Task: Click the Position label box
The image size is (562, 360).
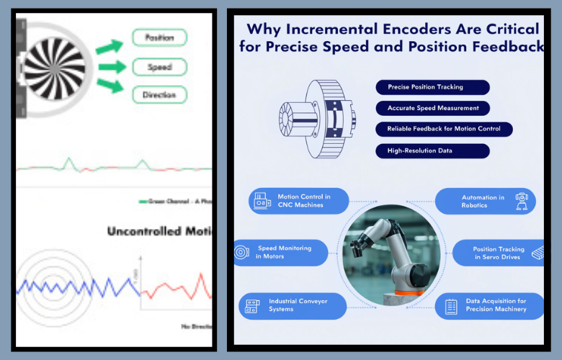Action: pyautogui.click(x=159, y=37)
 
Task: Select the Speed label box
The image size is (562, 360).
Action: pyautogui.click(x=159, y=67)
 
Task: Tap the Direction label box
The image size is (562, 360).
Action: pyautogui.click(x=159, y=95)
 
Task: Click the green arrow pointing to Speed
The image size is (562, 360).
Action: pyautogui.click(x=112, y=67)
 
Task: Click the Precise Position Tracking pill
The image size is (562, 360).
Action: pyautogui.click(x=432, y=87)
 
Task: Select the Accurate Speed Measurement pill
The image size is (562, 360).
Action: pyautogui.click(x=432, y=108)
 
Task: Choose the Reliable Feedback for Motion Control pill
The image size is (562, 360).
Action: pyautogui.click(x=444, y=130)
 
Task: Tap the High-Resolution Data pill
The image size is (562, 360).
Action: pyautogui.click(x=432, y=151)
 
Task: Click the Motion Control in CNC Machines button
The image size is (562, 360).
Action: pyautogui.click(x=299, y=201)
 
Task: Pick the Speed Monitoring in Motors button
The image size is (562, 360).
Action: pyautogui.click(x=281, y=252)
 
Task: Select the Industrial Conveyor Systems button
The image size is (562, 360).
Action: pyautogui.click(x=293, y=305)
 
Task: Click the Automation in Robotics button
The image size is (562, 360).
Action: pyautogui.click(x=486, y=201)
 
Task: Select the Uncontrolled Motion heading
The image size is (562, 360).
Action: pyautogui.click(x=159, y=231)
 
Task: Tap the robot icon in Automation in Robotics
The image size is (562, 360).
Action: pyautogui.click(x=522, y=201)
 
